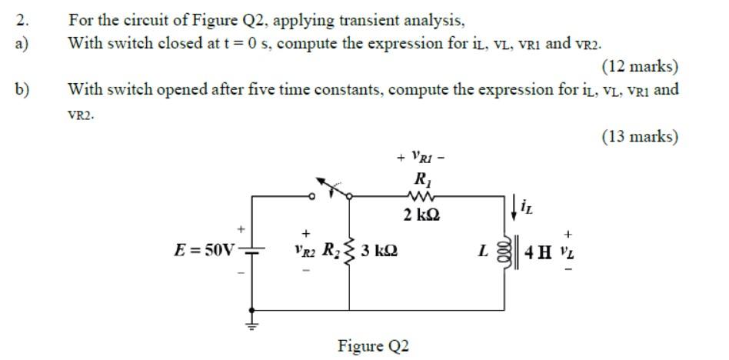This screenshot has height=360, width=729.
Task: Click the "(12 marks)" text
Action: pos(640,66)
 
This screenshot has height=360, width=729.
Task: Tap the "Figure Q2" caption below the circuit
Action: pos(373,346)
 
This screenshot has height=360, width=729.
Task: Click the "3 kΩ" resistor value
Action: pos(378,250)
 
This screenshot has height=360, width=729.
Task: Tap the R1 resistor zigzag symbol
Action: pos(421,196)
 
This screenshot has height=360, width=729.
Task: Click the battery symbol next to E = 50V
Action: pos(254,249)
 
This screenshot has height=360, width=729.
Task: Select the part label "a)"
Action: pos(22,43)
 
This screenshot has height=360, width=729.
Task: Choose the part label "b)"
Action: pos(22,89)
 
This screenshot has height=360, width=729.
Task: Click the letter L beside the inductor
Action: pos(483,251)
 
